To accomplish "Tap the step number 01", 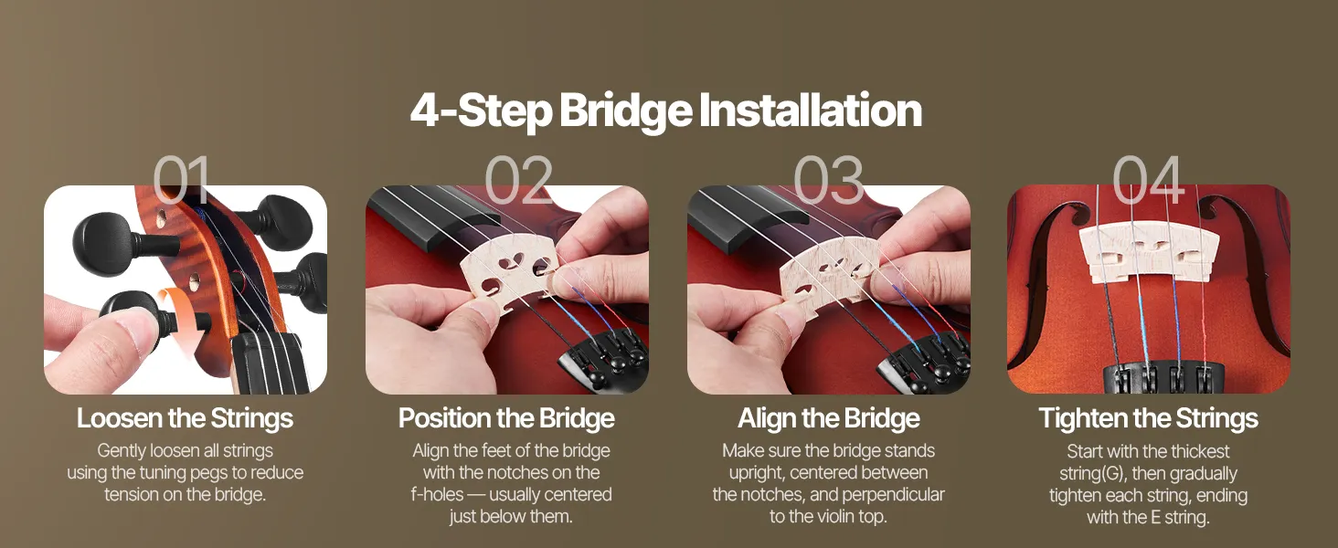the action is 182,179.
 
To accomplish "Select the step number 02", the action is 518,179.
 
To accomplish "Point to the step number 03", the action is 829,179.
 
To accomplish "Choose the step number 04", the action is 1148,179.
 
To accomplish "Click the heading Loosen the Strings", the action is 186,418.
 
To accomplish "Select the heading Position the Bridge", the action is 506,418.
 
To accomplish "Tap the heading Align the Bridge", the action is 829,418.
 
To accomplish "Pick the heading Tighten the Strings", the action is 1148,418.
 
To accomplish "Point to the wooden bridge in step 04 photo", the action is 1149,252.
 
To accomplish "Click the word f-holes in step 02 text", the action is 437,495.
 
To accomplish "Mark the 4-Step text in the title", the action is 481,111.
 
